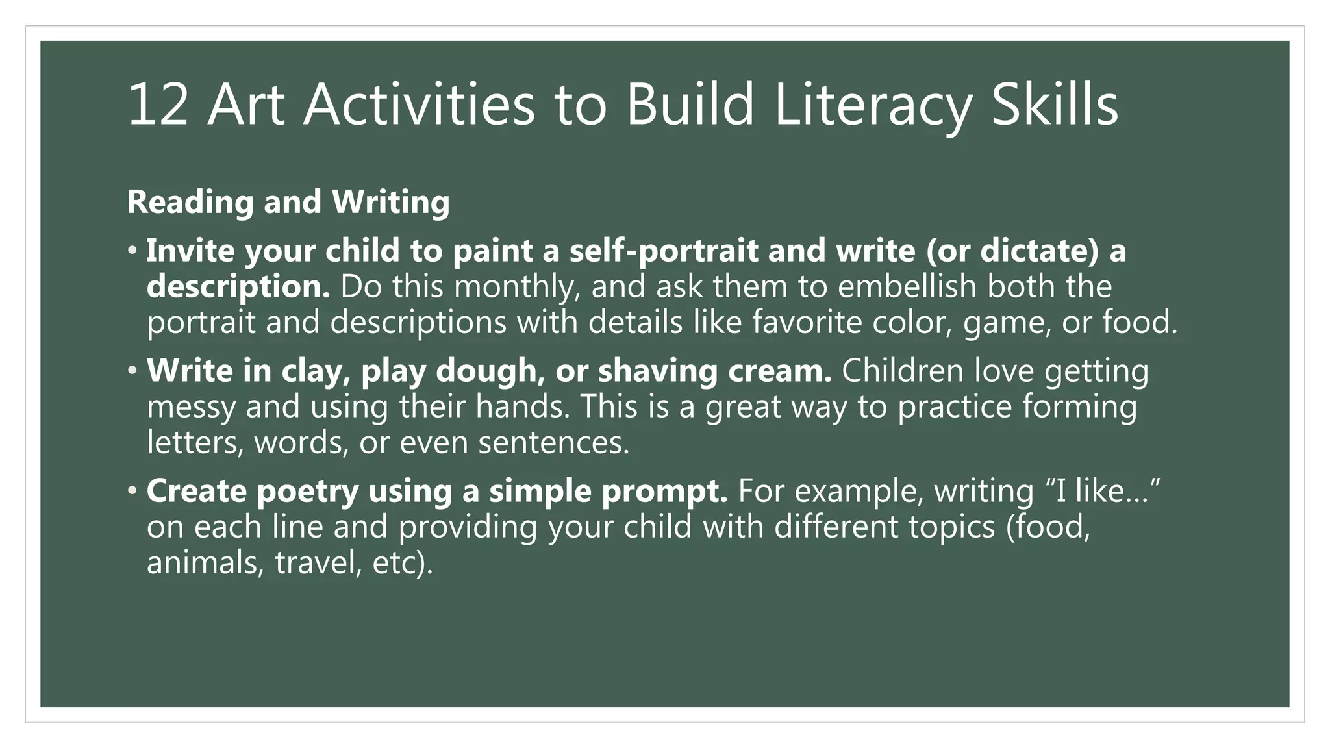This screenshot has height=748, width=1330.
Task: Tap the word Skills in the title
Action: point(1055,105)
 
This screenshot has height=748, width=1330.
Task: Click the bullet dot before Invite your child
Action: point(132,250)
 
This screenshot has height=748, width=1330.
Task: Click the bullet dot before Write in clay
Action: point(132,370)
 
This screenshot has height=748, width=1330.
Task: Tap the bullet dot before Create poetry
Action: point(132,490)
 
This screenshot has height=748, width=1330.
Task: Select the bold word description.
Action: point(238,287)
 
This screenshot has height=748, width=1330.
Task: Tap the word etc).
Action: point(402,562)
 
